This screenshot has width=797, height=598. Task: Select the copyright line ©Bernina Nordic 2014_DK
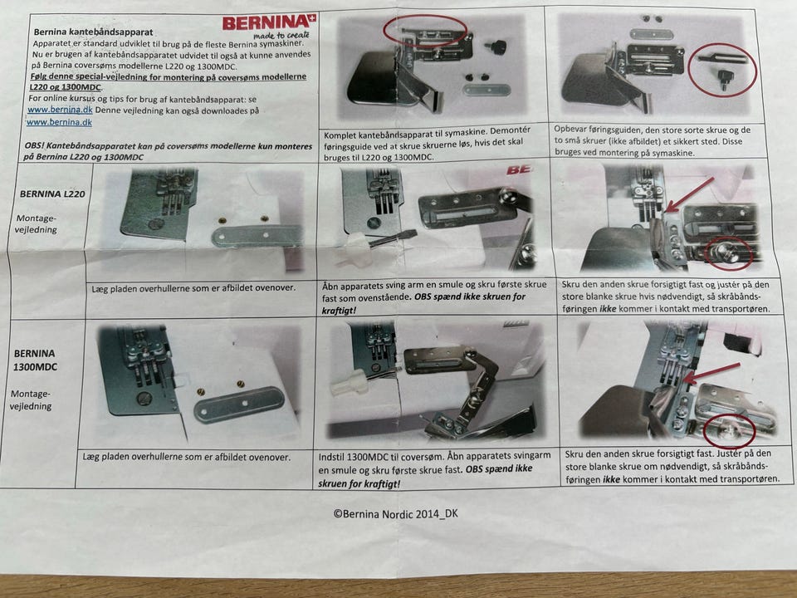[x=396, y=513]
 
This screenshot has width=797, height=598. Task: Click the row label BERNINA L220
[x=52, y=194]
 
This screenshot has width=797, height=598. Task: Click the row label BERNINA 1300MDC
[x=35, y=360]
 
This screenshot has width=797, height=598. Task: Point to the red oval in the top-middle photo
[x=425, y=31]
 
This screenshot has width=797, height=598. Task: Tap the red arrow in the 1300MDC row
[x=711, y=373]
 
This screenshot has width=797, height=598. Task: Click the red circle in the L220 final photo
[x=728, y=252]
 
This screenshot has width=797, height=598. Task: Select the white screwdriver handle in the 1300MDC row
[x=350, y=382]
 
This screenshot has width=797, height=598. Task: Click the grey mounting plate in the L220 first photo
[x=257, y=236]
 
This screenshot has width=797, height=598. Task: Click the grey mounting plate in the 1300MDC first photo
[x=239, y=404]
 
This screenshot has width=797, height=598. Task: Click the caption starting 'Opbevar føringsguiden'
[x=653, y=141]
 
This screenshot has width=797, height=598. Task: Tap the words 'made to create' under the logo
[x=281, y=36]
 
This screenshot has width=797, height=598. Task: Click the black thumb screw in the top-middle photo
[x=495, y=47]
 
